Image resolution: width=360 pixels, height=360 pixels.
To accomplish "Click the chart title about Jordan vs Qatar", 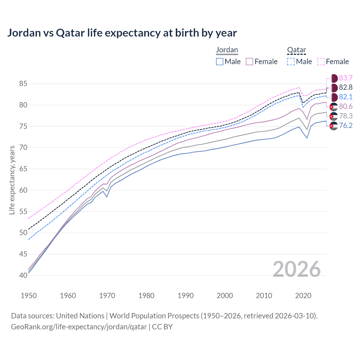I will (122, 33).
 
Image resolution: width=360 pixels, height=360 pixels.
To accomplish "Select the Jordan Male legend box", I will (220, 62).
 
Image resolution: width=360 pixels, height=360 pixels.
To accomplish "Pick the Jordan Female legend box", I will (249, 62).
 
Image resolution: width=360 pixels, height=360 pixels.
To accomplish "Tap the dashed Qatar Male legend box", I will (291, 62).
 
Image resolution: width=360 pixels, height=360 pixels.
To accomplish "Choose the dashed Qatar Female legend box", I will (321, 62).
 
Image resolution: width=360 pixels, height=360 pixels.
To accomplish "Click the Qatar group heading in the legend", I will (296, 50).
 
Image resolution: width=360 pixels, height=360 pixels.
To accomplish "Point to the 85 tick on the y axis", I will (23, 84).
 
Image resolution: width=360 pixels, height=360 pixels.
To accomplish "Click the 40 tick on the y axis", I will (23, 275).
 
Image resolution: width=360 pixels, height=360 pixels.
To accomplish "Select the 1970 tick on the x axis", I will (107, 296).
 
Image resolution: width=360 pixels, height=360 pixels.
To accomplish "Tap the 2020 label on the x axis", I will (303, 296).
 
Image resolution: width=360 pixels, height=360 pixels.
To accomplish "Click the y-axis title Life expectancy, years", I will (12, 180).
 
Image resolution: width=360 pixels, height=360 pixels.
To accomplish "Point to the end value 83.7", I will (346, 78).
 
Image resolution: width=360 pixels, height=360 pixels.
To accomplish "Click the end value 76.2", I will (346, 125).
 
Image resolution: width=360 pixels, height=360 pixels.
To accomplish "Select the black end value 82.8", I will (346, 87).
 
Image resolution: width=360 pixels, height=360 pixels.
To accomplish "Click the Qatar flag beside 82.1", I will (334, 97).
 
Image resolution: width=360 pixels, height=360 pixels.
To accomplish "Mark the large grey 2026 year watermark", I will (296, 269).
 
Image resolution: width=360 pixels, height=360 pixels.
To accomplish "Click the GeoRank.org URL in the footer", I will (79, 327).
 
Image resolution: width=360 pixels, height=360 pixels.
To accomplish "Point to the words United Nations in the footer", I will (80, 316).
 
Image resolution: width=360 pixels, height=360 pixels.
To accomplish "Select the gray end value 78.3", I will (346, 116).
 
